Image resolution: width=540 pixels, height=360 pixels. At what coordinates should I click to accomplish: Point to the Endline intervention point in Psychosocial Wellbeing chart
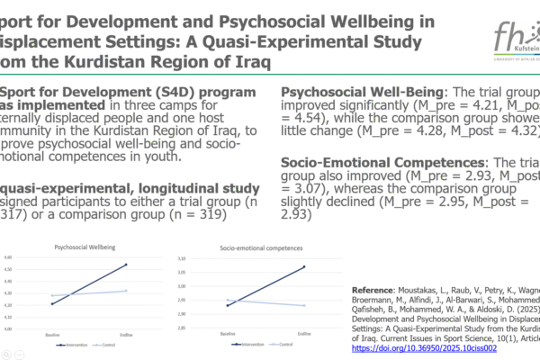pyautogui.click(x=126, y=265)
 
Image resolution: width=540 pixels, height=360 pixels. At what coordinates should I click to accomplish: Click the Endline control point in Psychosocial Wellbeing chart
pyautogui.click(x=126, y=291)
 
